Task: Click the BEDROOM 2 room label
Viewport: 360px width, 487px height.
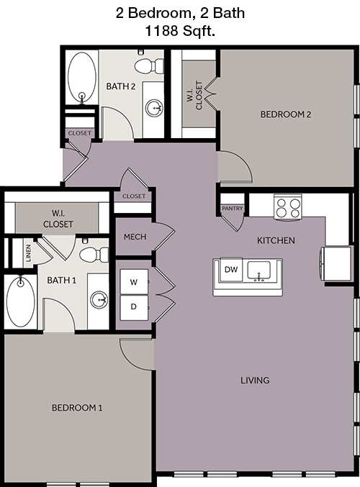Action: pyautogui.click(x=285, y=114)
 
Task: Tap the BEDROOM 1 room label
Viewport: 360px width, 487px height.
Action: pyautogui.click(x=77, y=407)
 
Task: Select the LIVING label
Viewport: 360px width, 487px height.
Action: pyautogui.click(x=255, y=380)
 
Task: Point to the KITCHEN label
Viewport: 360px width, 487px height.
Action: pyautogui.click(x=276, y=240)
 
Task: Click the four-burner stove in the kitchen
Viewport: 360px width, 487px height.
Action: pyautogui.click(x=287, y=207)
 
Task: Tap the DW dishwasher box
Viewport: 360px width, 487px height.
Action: pyautogui.click(x=231, y=270)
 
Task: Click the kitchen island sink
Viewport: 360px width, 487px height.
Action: pyautogui.click(x=259, y=270)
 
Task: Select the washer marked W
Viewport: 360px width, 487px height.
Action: pyautogui.click(x=134, y=282)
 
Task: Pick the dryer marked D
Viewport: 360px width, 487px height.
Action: pyautogui.click(x=134, y=307)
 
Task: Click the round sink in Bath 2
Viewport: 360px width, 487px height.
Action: pyautogui.click(x=155, y=108)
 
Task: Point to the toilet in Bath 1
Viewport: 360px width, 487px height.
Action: pyautogui.click(x=94, y=255)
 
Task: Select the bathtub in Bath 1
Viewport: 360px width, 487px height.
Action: pyautogui.click(x=21, y=301)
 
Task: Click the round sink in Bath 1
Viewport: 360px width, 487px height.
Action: pyautogui.click(x=99, y=300)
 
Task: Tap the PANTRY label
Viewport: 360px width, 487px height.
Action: pyautogui.click(x=233, y=209)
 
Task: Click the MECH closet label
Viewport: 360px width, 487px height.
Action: pyautogui.click(x=135, y=237)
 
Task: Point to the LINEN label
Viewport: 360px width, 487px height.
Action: pyautogui.click(x=29, y=253)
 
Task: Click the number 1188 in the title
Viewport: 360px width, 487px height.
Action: pyautogui.click(x=161, y=31)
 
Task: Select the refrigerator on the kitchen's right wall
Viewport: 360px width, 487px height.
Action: pyautogui.click(x=336, y=265)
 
